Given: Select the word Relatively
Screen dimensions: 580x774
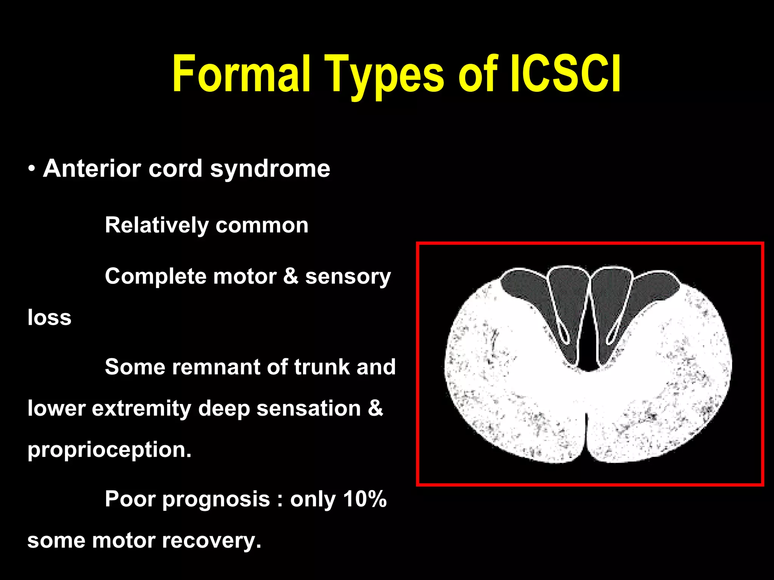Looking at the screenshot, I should pos(156,225).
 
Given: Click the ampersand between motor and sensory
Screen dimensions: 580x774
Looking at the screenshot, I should pos(291,276).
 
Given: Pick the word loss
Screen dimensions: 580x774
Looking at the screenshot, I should pos(49,318).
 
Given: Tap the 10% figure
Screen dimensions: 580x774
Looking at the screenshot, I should pos(365,499).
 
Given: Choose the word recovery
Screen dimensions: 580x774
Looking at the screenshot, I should pos(212,541).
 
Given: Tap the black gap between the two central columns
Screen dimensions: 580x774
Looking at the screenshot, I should pos(588,347).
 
